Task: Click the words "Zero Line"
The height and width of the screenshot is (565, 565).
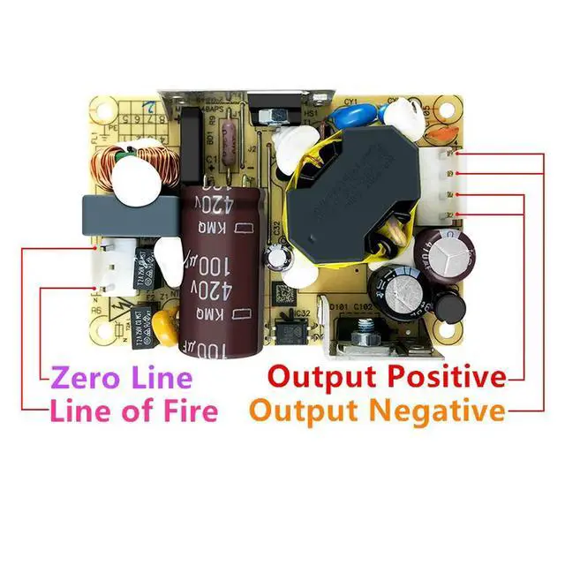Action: coord(121,378)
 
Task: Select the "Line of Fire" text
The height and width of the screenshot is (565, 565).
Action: coord(133,411)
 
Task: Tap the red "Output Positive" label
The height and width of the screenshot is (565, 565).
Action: coord(387,377)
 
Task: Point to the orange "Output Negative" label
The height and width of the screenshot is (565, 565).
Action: coord(378,411)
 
